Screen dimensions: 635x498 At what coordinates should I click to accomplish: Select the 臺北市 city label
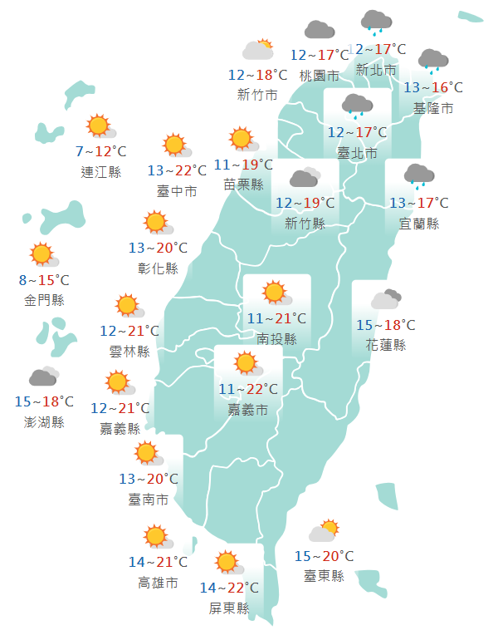[x=357, y=153]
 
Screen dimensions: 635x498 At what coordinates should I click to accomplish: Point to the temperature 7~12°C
[x=100, y=151]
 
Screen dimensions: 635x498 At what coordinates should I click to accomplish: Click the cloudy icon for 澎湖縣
[x=44, y=378]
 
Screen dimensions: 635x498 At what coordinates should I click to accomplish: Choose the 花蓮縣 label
[x=385, y=345]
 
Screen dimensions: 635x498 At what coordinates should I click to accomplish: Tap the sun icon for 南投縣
[x=274, y=293]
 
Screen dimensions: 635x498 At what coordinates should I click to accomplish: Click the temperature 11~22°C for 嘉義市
[x=248, y=389]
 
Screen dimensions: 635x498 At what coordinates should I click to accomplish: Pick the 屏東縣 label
[x=229, y=608]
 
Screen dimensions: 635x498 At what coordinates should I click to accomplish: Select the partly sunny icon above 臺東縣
[x=324, y=531]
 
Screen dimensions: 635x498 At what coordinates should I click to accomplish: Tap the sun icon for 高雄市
[x=156, y=537]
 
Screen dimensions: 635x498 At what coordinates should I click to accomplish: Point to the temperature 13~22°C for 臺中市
[x=177, y=170]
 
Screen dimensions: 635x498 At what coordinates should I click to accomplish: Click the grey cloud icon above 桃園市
[x=320, y=31]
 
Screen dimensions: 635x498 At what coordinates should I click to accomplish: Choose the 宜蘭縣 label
[x=419, y=224]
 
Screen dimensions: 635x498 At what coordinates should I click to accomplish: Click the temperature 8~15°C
[x=45, y=280]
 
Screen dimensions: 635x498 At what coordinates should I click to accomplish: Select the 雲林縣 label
[x=129, y=352]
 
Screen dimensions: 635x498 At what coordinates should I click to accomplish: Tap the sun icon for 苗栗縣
[x=242, y=139]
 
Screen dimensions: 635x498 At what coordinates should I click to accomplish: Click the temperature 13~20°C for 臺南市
[x=149, y=479]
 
